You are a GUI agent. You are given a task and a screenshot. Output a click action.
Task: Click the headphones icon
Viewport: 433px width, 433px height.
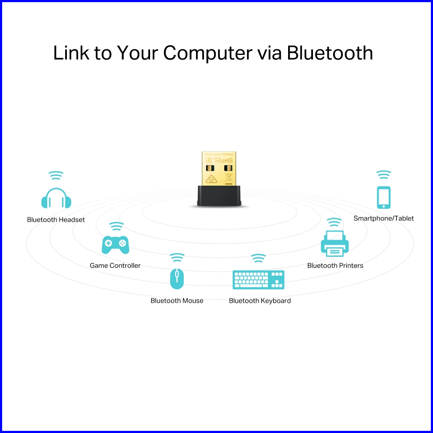[x=56, y=198]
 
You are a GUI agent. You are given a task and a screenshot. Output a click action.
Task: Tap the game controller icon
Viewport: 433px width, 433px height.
[x=115, y=244]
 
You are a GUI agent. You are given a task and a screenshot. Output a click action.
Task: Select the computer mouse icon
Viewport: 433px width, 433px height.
[x=177, y=278]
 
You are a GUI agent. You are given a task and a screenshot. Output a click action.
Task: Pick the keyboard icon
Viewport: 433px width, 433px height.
[x=258, y=280]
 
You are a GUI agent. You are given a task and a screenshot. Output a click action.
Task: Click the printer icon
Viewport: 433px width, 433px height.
[x=334, y=243]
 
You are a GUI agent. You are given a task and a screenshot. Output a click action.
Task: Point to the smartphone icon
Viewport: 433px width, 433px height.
[x=384, y=197]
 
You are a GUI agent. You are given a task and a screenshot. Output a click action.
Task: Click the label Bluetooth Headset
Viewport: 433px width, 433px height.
[x=56, y=220]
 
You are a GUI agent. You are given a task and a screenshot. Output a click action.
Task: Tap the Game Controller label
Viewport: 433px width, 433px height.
[x=115, y=265]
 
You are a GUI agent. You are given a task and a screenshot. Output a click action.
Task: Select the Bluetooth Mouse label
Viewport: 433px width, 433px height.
[x=177, y=301]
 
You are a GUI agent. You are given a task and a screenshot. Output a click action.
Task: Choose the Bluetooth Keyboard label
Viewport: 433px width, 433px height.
[x=260, y=301]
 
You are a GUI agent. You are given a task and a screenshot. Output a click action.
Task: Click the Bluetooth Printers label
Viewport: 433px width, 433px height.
[x=335, y=265]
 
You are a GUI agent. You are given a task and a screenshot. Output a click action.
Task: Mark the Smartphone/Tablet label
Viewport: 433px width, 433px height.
[x=384, y=218]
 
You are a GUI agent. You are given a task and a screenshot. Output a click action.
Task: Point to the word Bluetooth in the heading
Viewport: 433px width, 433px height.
[x=330, y=53]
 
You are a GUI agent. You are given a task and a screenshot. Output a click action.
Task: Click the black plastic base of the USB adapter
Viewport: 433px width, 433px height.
[x=219, y=196]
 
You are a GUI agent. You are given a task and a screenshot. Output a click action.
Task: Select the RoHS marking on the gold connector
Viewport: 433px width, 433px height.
[x=223, y=160]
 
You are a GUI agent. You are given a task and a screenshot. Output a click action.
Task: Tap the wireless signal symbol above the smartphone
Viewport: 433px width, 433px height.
[x=384, y=175]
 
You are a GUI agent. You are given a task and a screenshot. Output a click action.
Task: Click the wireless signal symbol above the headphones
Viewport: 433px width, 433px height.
[x=56, y=175]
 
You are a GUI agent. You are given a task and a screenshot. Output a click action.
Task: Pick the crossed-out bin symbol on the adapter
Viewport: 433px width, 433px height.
[x=228, y=179]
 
